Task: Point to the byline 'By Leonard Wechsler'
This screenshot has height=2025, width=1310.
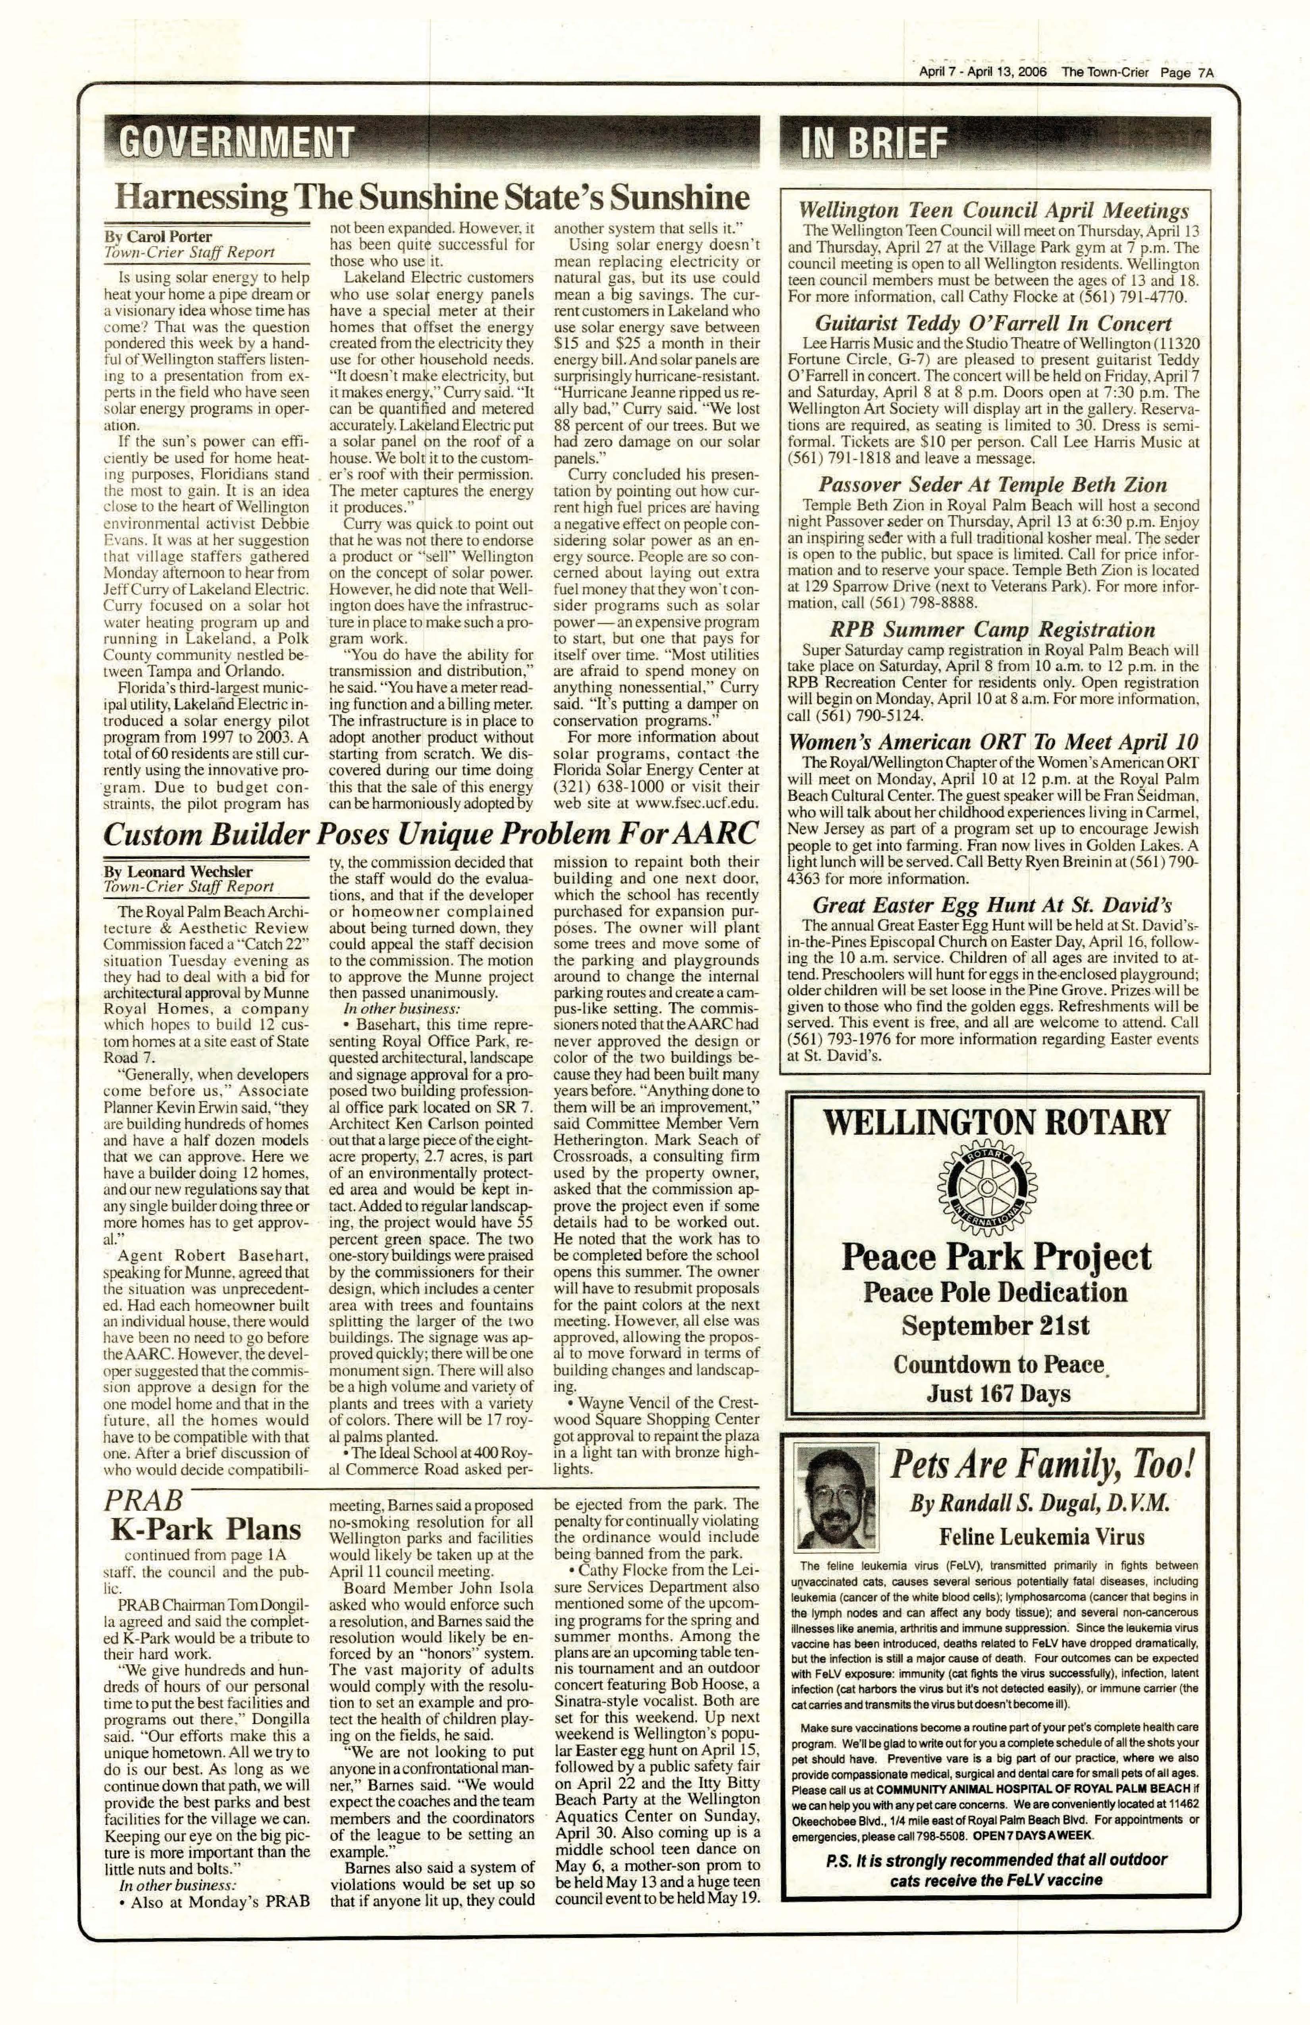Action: point(179,871)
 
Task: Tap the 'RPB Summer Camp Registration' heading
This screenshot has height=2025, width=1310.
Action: point(992,630)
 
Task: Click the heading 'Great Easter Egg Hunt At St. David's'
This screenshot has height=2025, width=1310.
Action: point(992,904)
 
